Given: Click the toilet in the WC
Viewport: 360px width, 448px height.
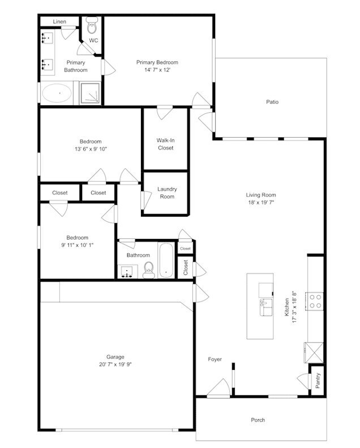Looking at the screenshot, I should coord(92,25).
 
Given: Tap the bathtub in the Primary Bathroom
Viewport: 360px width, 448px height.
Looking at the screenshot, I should coord(57,93).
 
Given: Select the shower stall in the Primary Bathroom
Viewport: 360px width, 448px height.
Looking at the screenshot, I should coord(89,93).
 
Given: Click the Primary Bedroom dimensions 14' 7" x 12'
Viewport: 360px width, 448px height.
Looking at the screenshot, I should coord(157,70).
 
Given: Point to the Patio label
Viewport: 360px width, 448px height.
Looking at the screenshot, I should coord(272,103).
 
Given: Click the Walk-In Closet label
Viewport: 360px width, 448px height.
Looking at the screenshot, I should coord(165,144).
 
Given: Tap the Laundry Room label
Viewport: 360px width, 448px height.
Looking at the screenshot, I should coord(166,193).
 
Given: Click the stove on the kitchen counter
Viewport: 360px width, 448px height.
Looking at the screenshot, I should coord(315,301).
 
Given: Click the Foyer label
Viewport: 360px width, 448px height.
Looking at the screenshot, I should coord(215,360).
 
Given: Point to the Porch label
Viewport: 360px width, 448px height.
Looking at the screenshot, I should coord(258,420).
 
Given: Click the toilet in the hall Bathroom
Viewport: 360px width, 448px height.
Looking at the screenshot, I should coord(149,268).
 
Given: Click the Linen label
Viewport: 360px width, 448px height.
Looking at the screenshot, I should coord(59,22).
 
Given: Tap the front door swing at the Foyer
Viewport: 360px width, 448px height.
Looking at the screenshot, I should coord(218,388).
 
